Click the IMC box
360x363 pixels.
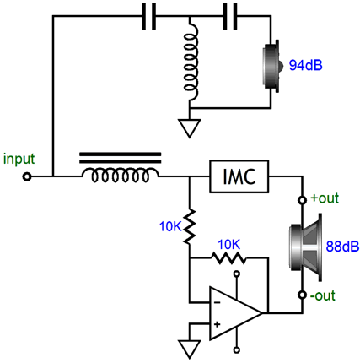239,176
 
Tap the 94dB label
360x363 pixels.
306,65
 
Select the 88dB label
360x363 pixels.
342,247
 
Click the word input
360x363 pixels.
19,160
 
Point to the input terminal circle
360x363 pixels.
27,177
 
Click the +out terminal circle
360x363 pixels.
303,200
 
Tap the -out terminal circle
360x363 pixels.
303,295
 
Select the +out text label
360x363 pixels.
325,198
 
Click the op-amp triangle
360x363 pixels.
236,313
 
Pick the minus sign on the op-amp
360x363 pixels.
217,303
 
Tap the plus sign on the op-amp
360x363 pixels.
217,324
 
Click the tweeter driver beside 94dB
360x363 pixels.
272,66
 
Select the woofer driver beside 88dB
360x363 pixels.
306,247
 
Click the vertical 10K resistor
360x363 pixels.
190,226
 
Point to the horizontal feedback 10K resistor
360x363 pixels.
228,257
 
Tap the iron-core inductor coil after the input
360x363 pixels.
121,168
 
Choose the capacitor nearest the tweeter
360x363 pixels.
230,16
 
